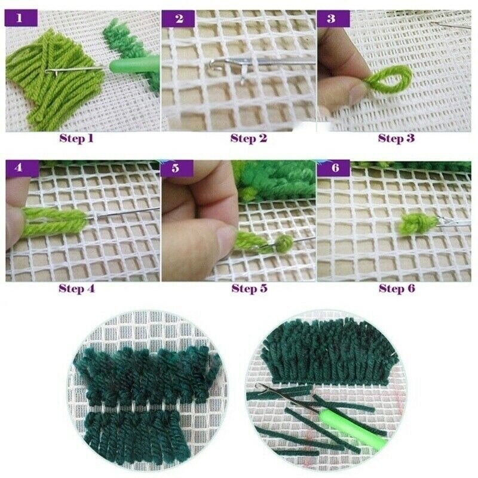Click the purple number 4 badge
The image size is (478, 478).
tap(19, 168)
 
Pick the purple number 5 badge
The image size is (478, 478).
tap(175, 168)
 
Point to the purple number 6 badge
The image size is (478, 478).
tap(335, 168)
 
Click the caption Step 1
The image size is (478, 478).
tap(76, 139)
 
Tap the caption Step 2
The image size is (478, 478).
tap(249, 139)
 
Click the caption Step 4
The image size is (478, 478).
tap(76, 289)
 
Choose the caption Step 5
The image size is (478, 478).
tap(249, 289)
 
